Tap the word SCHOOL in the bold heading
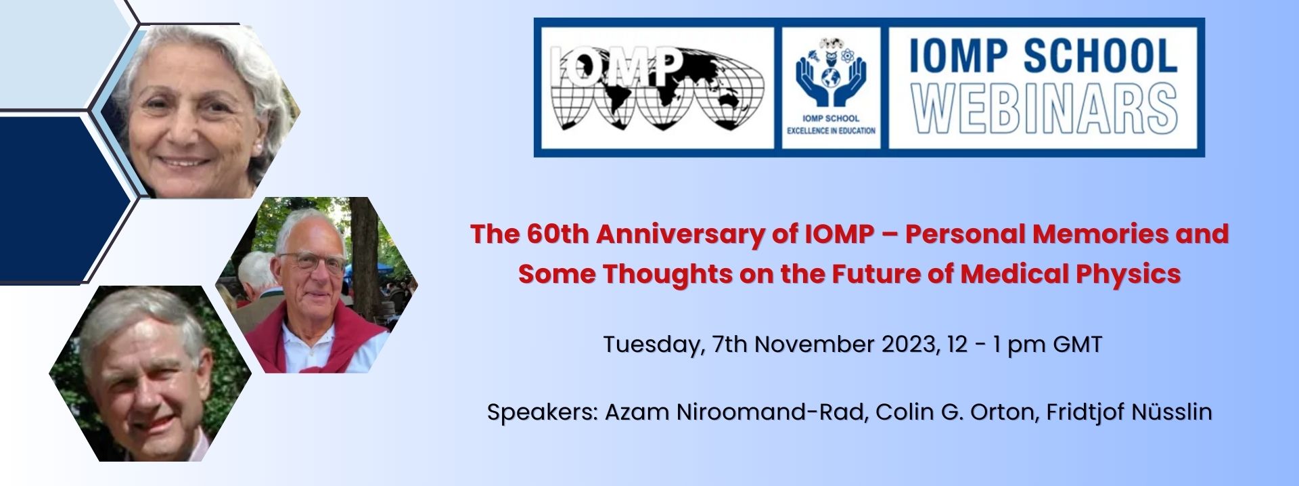click(1100, 56)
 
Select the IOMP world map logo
click(657, 88)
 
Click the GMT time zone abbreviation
click(1078, 344)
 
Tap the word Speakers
click(543, 412)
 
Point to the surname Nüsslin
click(1168, 412)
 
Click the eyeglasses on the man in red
click(313, 261)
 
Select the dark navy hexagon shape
click(65, 198)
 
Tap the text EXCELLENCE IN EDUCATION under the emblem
click(831, 131)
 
